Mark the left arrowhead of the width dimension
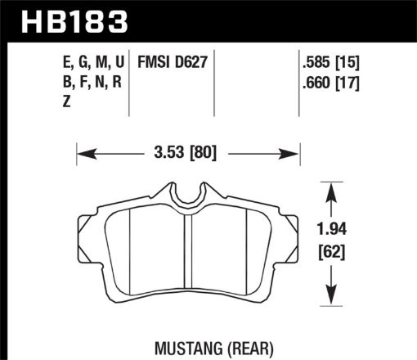(83, 152)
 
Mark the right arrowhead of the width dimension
(295, 152)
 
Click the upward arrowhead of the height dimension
(330, 189)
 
